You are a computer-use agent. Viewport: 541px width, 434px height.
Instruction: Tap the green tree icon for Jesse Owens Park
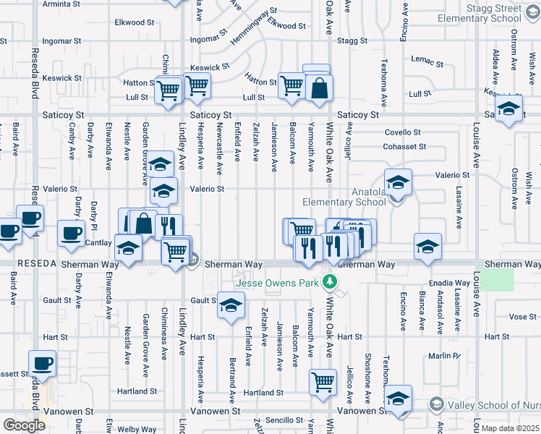pyautogui.click(x=330, y=281)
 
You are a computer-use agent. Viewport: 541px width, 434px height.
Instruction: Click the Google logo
pyautogui.click(x=24, y=425)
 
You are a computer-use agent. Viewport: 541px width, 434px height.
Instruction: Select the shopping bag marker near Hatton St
pyautogui.click(x=317, y=88)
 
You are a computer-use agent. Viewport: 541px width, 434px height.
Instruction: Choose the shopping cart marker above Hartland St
pyautogui.click(x=323, y=381)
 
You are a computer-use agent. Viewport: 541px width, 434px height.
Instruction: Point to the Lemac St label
pyautogui.click(x=424, y=59)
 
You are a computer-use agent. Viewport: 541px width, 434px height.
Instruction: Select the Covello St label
pyautogui.click(x=402, y=132)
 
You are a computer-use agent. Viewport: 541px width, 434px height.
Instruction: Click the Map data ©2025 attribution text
pyautogui.click(x=510, y=428)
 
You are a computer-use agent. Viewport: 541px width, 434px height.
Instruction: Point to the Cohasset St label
pyautogui.click(x=405, y=147)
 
